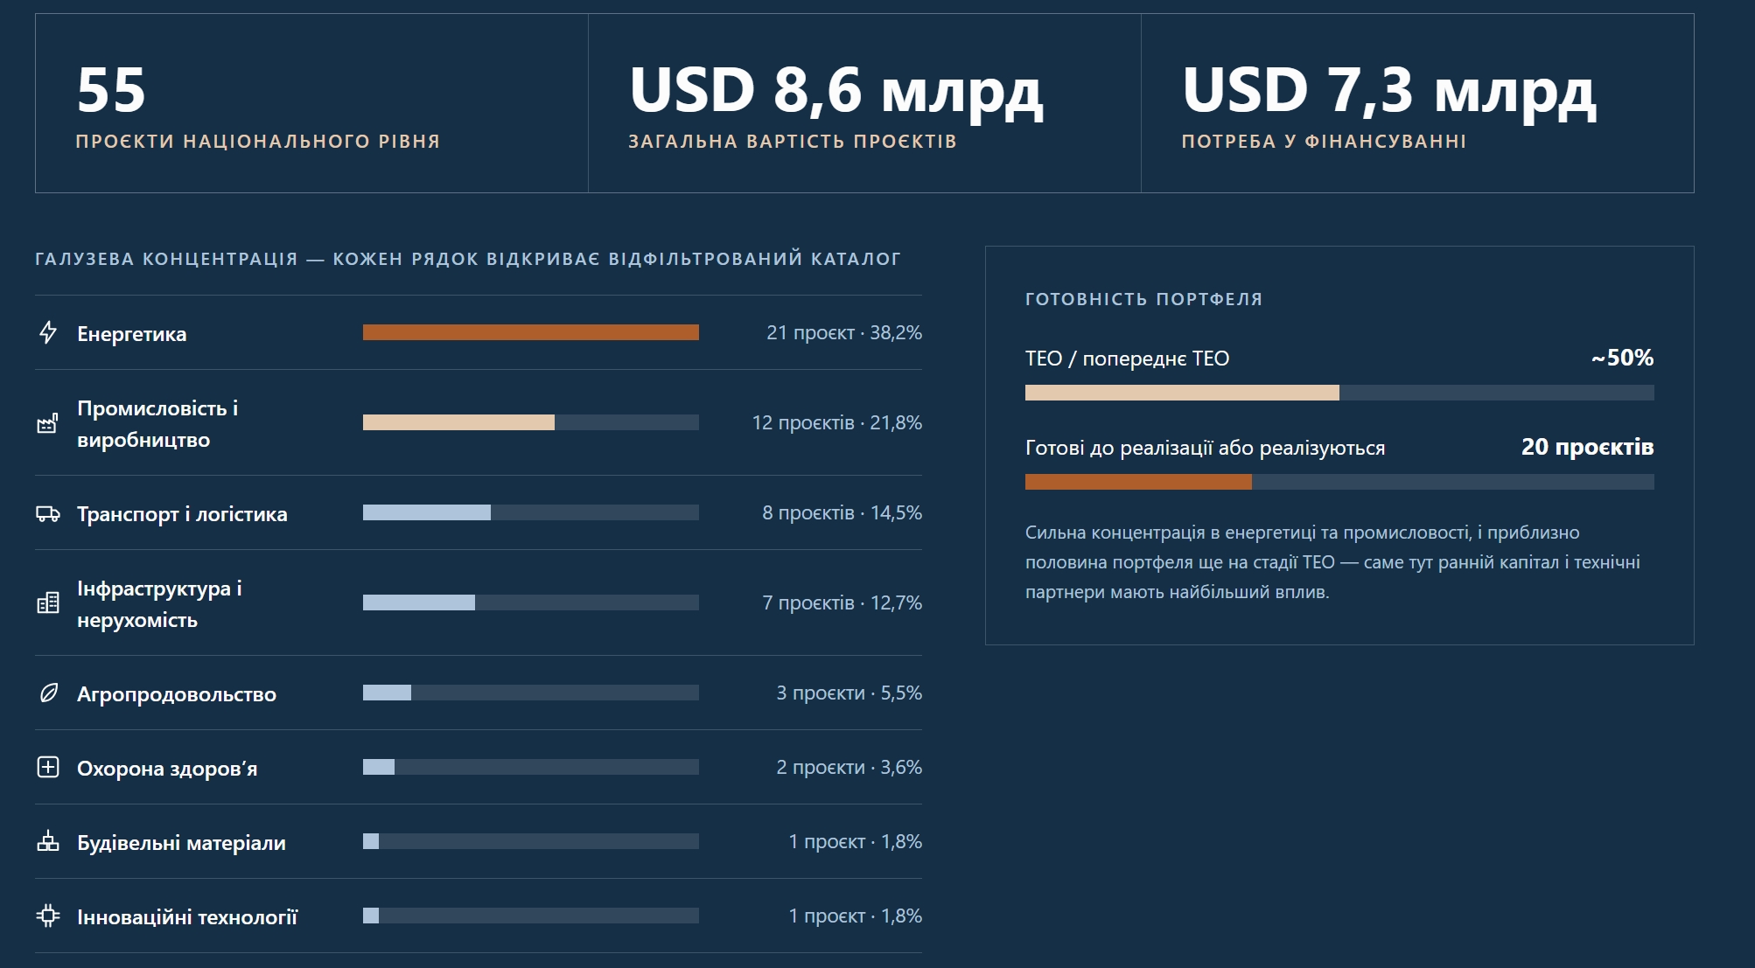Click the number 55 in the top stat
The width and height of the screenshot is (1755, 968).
click(111, 90)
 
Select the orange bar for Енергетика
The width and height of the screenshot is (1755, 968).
click(531, 332)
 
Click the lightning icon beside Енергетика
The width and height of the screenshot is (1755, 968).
click(48, 332)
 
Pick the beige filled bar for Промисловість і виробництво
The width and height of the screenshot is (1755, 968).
click(458, 422)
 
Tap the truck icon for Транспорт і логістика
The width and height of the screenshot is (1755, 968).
click(48, 513)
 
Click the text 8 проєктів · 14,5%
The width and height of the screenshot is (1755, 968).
click(842, 512)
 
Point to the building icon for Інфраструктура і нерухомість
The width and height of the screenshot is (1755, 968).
click(48, 602)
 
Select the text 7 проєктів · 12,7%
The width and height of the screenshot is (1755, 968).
click(842, 602)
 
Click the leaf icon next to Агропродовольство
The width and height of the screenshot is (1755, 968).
click(49, 693)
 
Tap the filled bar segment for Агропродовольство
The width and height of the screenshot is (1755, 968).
click(387, 693)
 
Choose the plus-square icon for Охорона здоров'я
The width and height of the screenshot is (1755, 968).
click(48, 767)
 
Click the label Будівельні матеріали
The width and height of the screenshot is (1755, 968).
click(181, 843)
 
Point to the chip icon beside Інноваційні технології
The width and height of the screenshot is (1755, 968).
click(48, 916)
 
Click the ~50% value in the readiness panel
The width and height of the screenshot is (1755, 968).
click(1622, 358)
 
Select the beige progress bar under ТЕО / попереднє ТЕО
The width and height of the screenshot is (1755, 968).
click(1182, 393)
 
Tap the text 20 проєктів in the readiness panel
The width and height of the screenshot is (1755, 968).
click(1587, 447)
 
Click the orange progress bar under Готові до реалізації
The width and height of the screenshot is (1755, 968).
click(1138, 482)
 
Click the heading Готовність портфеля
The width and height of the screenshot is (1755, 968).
click(1143, 299)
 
